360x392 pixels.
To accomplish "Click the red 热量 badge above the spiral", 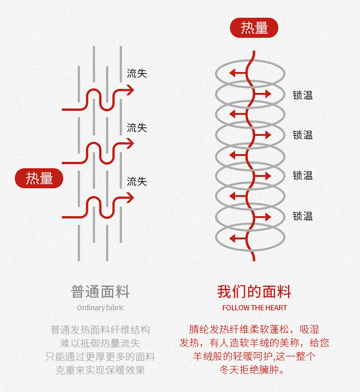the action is point(254,28).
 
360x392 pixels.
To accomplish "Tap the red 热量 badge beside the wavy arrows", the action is point(39,178).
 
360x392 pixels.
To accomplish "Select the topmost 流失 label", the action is point(137,73).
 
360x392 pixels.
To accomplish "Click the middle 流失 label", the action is point(137,128).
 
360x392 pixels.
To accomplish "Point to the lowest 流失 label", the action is point(137,182).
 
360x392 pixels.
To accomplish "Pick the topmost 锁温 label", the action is point(303,95).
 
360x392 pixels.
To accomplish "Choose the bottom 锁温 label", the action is point(303,216).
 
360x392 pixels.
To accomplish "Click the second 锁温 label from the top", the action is point(303,135).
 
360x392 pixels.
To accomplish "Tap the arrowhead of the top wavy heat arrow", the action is point(130,89).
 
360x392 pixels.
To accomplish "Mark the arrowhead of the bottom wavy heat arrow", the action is point(130,197).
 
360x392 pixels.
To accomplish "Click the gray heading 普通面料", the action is point(100,292).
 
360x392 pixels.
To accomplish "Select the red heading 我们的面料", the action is point(254,292).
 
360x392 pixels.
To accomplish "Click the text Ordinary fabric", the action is point(100,307).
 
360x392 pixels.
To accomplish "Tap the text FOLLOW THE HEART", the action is point(254,307).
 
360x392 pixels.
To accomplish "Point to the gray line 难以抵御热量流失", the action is point(100,343).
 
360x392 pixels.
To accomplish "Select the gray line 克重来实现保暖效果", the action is point(100,370).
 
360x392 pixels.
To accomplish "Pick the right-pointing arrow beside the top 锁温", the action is point(265,94).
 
